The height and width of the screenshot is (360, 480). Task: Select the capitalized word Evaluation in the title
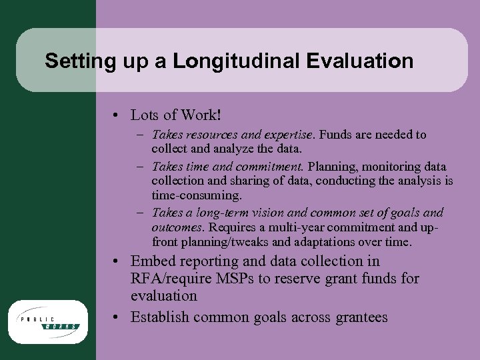click(360, 62)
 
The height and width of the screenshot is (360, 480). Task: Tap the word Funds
click(335, 135)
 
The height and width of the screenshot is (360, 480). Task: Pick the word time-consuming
click(197, 195)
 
